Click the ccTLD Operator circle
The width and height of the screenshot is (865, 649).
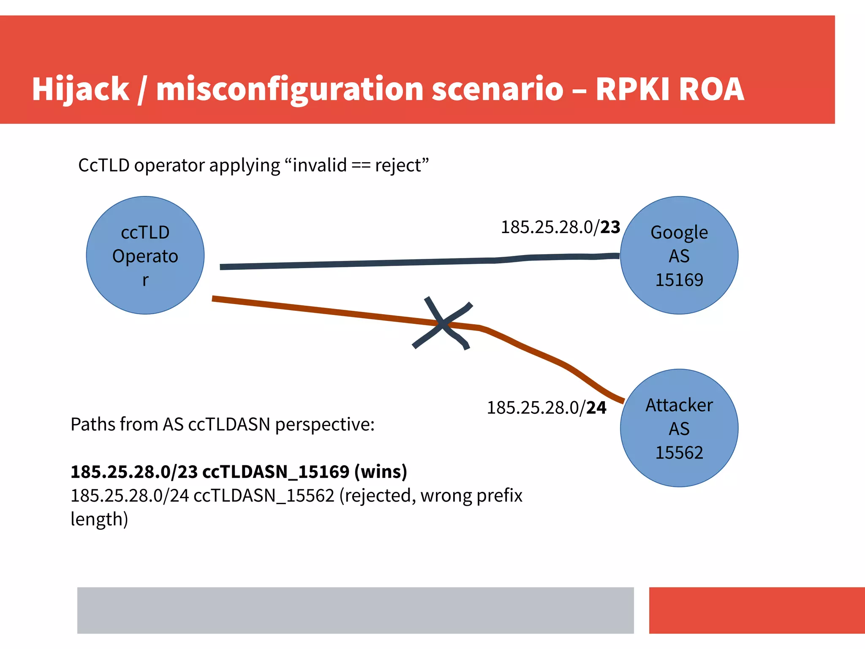[x=145, y=255]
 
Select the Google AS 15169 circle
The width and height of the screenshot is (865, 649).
[x=679, y=255]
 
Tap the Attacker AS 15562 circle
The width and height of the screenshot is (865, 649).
[x=679, y=428]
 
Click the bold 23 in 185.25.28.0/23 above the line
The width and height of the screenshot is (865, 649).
[x=610, y=227]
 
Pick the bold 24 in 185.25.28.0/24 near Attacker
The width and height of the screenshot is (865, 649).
[x=596, y=407]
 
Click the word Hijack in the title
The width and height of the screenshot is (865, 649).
[x=80, y=90]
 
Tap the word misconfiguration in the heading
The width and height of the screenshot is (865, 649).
[x=289, y=90]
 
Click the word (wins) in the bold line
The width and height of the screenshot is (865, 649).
[x=381, y=471]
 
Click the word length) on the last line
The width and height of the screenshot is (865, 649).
[x=99, y=519]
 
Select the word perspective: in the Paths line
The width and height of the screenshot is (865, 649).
[x=324, y=424]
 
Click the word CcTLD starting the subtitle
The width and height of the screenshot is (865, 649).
[x=103, y=165]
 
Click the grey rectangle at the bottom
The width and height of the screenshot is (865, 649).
[x=355, y=610]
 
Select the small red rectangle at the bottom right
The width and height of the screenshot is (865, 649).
[x=756, y=610]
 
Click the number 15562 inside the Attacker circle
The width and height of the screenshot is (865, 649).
[x=679, y=452]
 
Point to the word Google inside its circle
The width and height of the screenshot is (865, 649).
[x=679, y=232]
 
